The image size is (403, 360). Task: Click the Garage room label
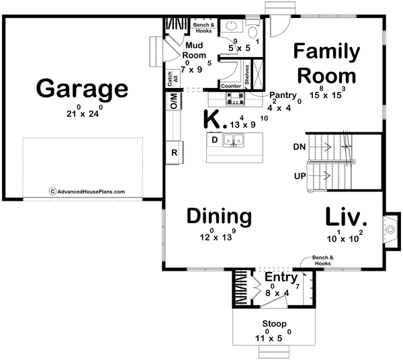(82, 88)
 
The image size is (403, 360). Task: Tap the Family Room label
(326, 62)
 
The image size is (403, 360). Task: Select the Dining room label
(219, 216)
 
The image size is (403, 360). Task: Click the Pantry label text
(282, 95)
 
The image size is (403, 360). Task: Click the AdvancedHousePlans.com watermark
(87, 191)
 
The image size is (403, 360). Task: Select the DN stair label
(300, 146)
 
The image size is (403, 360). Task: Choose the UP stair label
(300, 175)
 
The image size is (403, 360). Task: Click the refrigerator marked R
(174, 153)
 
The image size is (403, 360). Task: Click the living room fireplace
(389, 229)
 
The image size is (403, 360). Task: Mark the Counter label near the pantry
(230, 86)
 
